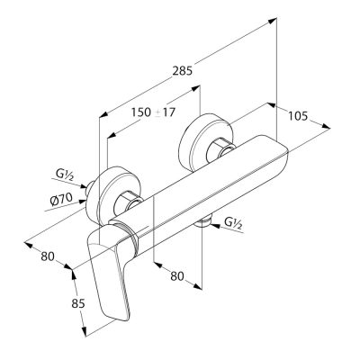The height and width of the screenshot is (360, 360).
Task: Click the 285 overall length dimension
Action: [x=182, y=71]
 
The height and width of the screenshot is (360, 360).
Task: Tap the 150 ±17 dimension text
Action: [x=153, y=112]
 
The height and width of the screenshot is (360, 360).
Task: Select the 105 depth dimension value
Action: [x=298, y=116]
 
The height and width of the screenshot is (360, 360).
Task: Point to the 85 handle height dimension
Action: [x=78, y=303]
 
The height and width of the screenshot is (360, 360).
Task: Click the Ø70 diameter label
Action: [x=61, y=199]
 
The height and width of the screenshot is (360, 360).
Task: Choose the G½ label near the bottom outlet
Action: [x=233, y=223]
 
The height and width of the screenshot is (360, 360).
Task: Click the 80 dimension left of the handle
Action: [x=48, y=256]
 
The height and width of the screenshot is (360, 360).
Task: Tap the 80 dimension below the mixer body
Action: [x=177, y=276]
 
